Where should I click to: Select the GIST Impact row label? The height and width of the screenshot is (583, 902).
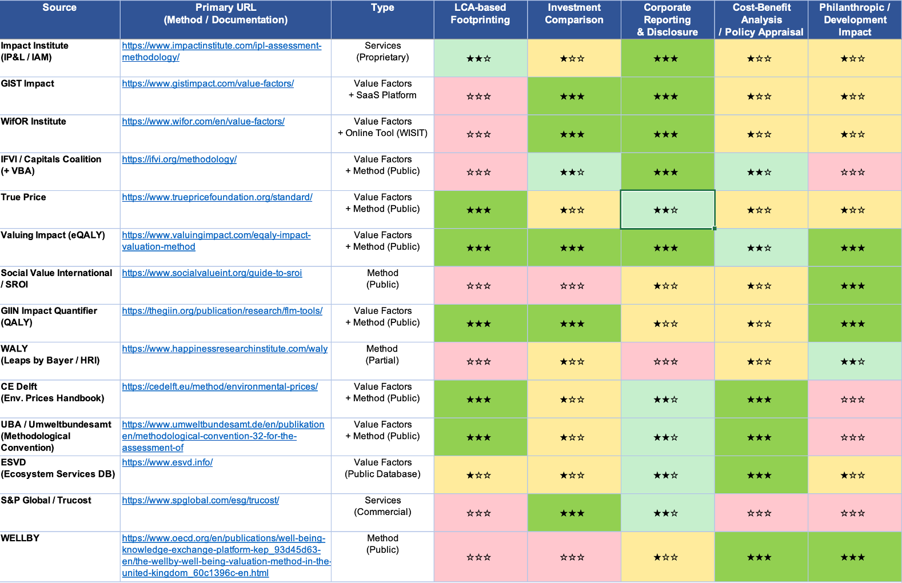27,83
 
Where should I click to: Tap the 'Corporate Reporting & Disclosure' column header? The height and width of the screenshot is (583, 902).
667,20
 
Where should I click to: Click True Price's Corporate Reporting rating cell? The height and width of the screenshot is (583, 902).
667,210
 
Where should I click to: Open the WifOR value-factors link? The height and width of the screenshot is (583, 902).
203,121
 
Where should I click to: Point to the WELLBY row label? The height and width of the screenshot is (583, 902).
20,538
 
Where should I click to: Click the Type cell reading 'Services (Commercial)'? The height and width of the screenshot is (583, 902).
382,506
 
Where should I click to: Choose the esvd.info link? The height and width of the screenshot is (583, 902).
167,462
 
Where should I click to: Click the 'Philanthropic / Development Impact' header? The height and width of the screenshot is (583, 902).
855,20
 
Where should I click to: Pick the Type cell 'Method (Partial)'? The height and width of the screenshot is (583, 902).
382,355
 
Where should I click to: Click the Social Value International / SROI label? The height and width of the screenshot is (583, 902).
56,278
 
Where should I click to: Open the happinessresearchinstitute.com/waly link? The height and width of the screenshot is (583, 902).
225,349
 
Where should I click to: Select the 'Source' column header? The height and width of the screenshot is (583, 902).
59,8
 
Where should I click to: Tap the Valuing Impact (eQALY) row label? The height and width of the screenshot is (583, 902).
53,235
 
